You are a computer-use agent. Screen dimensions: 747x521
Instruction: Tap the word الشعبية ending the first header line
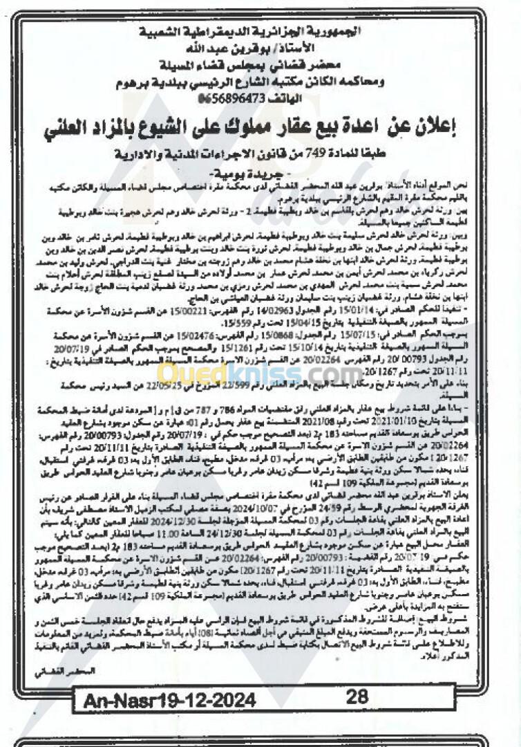click(x=174, y=32)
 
